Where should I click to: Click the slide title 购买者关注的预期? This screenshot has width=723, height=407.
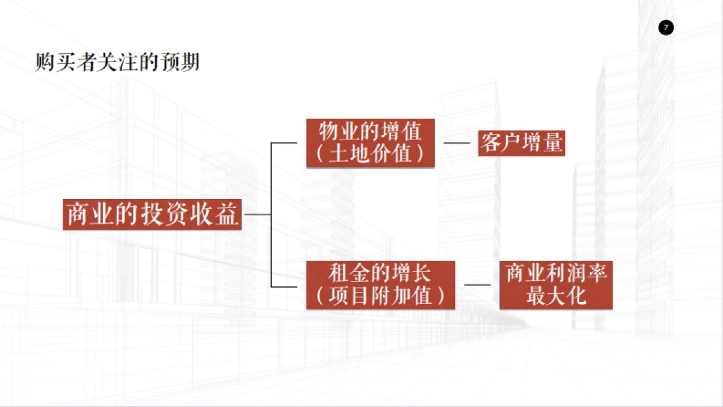click(117, 62)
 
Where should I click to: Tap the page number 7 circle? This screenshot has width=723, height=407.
click(666, 28)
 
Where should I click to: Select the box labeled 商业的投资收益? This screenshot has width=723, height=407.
click(152, 214)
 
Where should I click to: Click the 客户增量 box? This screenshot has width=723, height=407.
click(522, 144)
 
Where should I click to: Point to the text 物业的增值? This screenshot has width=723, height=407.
click(370, 131)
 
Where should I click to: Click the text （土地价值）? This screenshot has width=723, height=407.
click(370, 154)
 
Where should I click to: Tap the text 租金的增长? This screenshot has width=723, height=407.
click(380, 273)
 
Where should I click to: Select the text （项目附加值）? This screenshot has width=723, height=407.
click(380, 296)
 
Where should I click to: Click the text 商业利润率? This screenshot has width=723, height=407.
click(556, 273)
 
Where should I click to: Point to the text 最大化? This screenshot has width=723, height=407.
click(556, 296)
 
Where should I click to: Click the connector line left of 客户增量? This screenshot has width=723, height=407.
click(456, 144)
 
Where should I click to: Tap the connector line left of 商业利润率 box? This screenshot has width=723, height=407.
click(477, 285)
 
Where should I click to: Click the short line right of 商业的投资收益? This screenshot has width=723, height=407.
click(257, 214)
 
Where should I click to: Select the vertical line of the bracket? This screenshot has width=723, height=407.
click(271, 214)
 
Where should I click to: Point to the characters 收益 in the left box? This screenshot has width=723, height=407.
click(219, 214)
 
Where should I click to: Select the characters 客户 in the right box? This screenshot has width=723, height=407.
click(501, 144)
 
